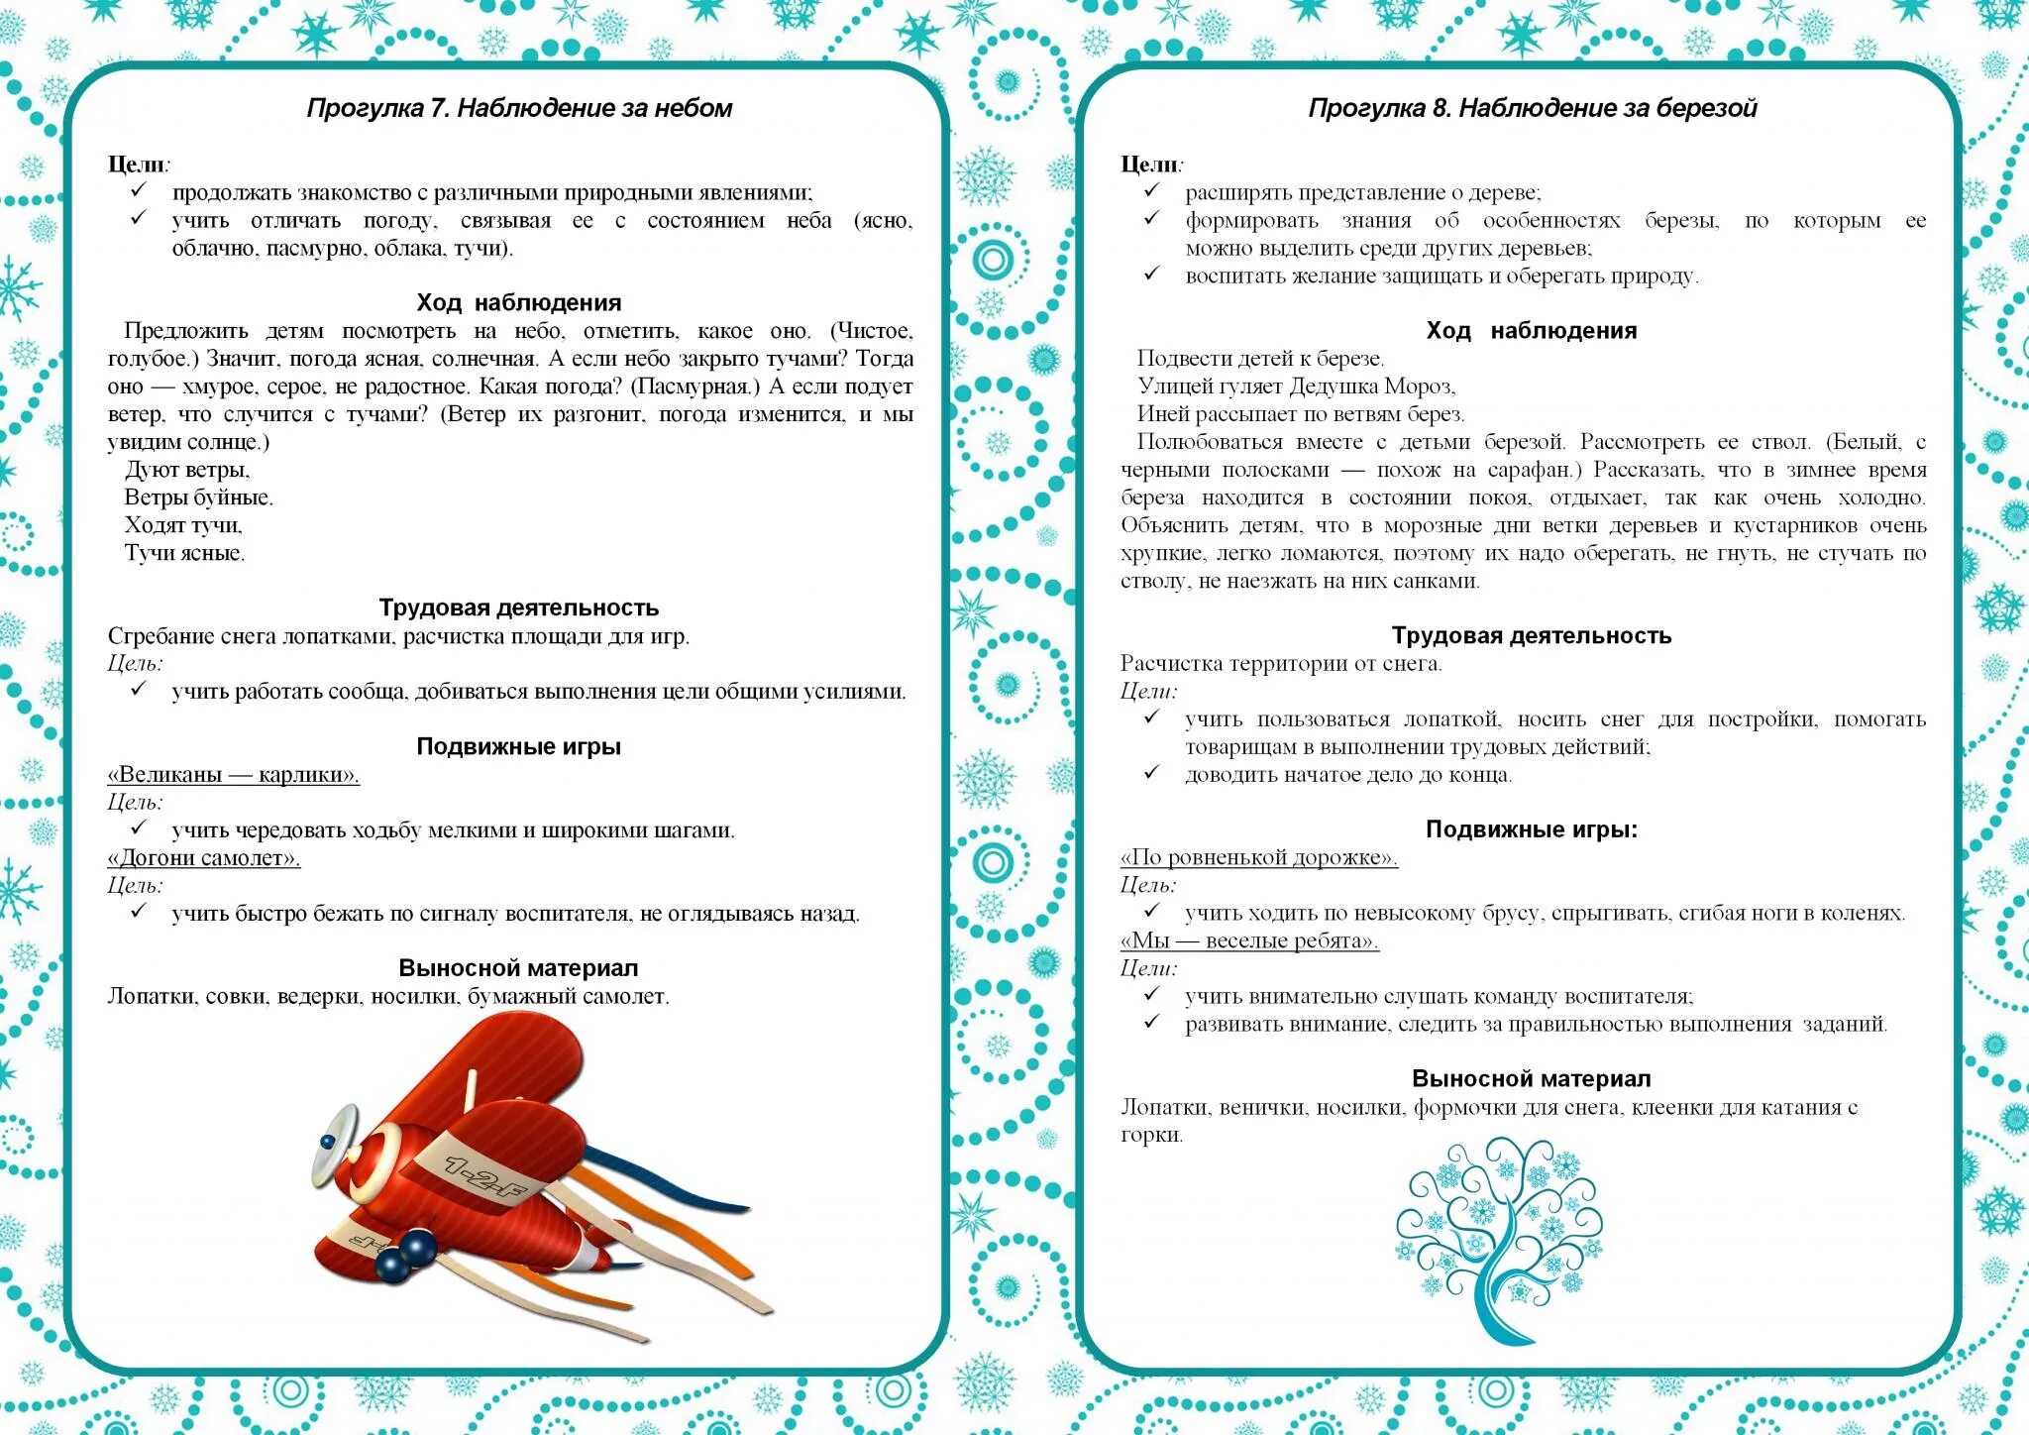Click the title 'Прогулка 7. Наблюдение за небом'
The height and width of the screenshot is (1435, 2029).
[x=519, y=108]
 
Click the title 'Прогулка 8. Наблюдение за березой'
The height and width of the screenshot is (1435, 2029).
[x=1532, y=108]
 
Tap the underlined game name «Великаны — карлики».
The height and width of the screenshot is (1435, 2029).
[x=233, y=775]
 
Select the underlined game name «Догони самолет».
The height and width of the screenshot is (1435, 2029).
[x=203, y=858]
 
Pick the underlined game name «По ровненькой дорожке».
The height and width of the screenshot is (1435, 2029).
[x=1258, y=858]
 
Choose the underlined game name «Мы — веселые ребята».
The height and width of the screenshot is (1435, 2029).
[x=1248, y=941]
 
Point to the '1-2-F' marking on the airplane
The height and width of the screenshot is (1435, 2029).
[x=482, y=1176]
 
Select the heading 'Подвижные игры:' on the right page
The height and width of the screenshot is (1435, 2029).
[x=1532, y=829]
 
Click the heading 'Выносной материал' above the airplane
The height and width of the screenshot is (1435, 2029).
[x=518, y=968]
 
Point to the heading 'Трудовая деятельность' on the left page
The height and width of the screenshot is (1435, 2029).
[x=518, y=607]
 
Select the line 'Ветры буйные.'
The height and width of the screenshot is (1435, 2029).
[x=198, y=497]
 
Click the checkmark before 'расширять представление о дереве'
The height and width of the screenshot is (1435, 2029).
[x=1150, y=190]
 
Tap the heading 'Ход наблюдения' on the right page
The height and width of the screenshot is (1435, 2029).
[x=1532, y=331]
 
